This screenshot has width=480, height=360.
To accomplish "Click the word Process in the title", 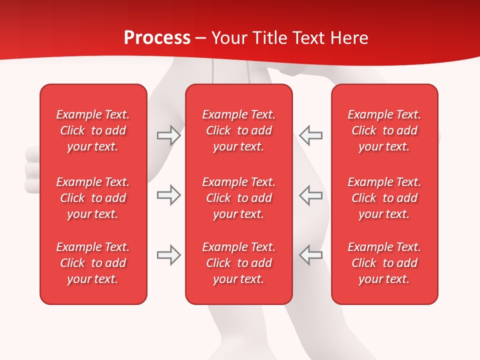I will (x=157, y=38).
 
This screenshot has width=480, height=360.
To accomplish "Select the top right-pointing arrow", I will (x=168, y=135).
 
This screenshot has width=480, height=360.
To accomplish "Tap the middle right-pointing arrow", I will (x=168, y=195).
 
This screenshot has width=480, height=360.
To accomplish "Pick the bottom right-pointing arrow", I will (x=168, y=255).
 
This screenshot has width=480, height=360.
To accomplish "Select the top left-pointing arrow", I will (x=311, y=135).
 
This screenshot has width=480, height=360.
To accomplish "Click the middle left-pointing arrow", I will (x=311, y=195).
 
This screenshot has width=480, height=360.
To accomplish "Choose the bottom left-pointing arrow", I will (x=311, y=255).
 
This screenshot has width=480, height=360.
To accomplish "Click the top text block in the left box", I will (x=93, y=130).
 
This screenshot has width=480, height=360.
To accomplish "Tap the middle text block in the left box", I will (x=93, y=198).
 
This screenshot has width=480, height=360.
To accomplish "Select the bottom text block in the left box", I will (x=93, y=263).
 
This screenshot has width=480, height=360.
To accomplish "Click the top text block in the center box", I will (x=238, y=130).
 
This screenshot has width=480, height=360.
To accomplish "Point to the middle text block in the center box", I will (x=238, y=198).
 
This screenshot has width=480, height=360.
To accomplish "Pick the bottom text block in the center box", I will (x=238, y=263).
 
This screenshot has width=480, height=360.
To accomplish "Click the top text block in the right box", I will (x=384, y=130).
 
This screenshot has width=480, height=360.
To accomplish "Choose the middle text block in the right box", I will (x=384, y=198).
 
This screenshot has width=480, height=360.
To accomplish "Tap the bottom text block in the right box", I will (x=384, y=263).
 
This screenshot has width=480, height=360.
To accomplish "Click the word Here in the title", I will (x=350, y=38).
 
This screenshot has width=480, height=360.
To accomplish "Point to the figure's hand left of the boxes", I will (x=32, y=170).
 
